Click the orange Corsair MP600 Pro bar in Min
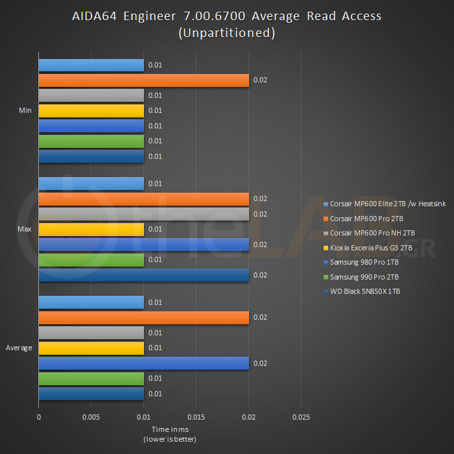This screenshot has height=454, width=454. pyautogui.click(x=143, y=80)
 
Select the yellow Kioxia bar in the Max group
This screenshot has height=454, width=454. pyautogui.click(x=91, y=230)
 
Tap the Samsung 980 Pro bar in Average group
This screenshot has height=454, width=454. pyautogui.click(x=143, y=363)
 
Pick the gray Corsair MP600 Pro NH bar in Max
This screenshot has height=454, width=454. pyautogui.click(x=143, y=214)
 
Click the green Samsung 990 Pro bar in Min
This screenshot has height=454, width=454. pyautogui.click(x=91, y=141)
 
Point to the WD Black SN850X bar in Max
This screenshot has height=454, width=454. pyautogui.click(x=143, y=275)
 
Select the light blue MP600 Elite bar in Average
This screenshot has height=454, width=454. pyautogui.click(x=91, y=302)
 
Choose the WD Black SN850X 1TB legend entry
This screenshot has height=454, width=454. pyautogui.click(x=364, y=291)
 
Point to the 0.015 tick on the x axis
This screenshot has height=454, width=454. pyautogui.click(x=196, y=417)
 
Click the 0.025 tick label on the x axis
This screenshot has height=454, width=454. pyautogui.click(x=301, y=417)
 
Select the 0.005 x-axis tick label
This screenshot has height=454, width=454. pyautogui.click(x=91, y=417)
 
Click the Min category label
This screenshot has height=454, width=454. pyautogui.click(x=25, y=111)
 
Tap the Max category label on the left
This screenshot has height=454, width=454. pyautogui.click(x=25, y=230)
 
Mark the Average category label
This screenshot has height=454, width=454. pyautogui.click(x=19, y=348)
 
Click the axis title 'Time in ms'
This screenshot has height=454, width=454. pyautogui.click(x=169, y=429)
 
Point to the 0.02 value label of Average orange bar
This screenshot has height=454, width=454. pyautogui.click(x=259, y=318)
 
